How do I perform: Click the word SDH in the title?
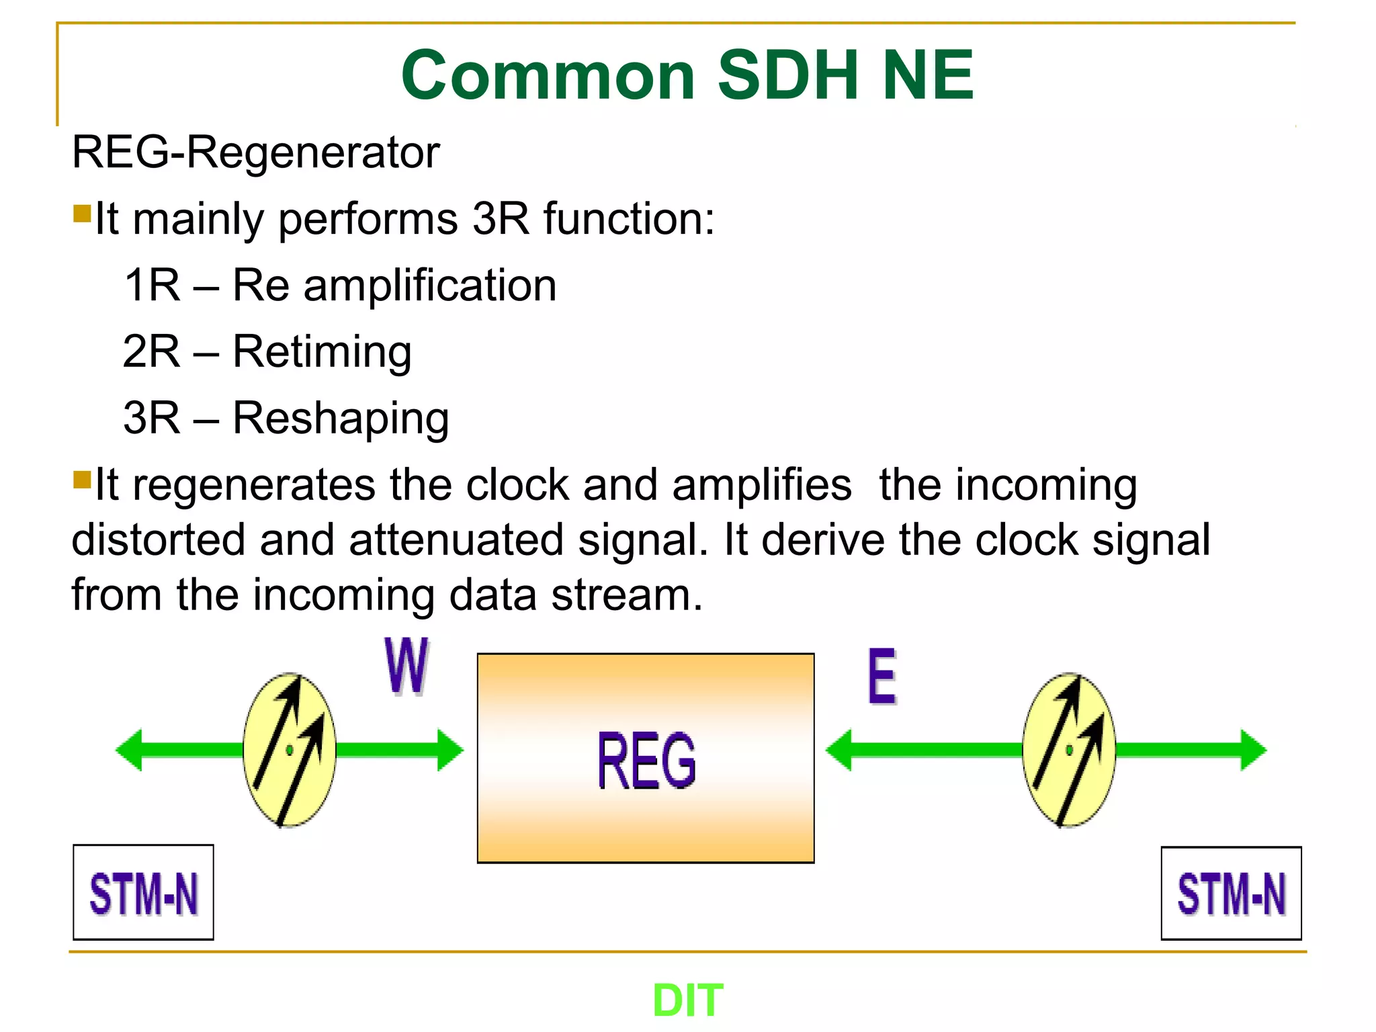[788, 75]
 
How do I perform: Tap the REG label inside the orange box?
[646, 761]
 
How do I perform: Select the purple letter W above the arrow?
[406, 665]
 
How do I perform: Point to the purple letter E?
[881, 676]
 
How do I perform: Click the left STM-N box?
[143, 892]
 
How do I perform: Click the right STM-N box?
[1231, 893]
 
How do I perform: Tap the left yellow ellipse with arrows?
[290, 750]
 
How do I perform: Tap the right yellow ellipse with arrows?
[1069, 750]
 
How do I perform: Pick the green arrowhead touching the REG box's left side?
[451, 750]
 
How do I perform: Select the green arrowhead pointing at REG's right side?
[838, 750]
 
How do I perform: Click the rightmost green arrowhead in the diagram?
[1253, 750]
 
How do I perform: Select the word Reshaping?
[341, 418]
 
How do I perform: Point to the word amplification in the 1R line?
[430, 286]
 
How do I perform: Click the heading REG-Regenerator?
[255, 153]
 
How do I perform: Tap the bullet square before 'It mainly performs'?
[82, 214]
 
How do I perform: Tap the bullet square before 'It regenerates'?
[82, 480]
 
